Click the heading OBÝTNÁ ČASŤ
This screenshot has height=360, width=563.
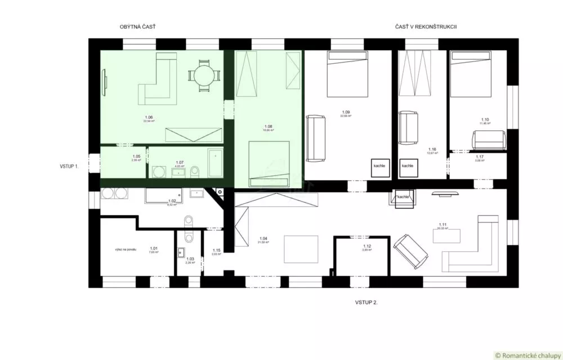coord(137,26)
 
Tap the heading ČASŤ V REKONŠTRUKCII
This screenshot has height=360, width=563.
coord(425,26)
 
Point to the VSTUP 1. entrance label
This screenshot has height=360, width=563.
coord(69,166)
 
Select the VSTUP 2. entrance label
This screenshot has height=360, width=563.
coord(367,303)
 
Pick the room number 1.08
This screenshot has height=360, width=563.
coord(269,126)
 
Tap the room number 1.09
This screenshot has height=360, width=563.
coord(346,113)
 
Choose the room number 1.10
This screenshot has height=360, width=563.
coord(485,119)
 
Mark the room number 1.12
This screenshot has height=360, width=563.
coord(367,246)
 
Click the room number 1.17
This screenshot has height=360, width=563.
coord(480,157)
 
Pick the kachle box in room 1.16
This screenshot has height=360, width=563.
coord(408,166)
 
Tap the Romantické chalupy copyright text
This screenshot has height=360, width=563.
coord(527,355)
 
